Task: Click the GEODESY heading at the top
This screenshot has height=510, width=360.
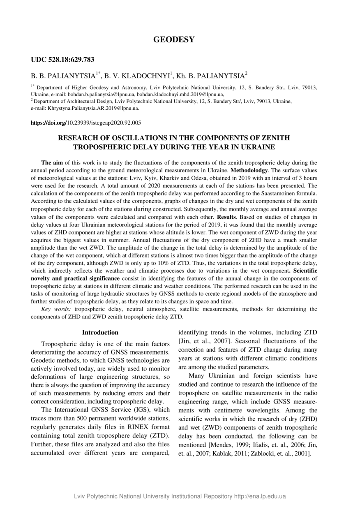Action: tap(174, 40)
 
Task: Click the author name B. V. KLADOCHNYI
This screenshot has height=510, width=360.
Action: tap(137, 76)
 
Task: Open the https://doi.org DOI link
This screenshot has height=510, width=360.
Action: tap(49, 123)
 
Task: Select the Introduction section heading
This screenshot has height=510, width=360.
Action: tap(100, 332)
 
